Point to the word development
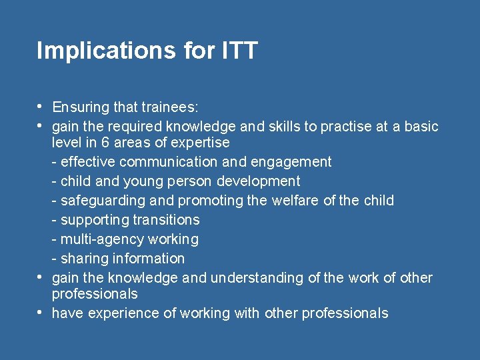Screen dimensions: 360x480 [259, 181]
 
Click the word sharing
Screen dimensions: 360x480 [82, 259]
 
